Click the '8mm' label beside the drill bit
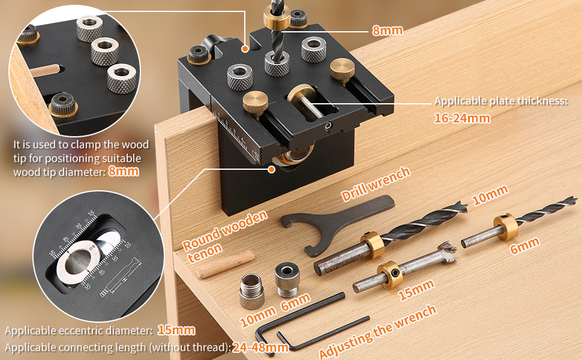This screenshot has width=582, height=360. [x=388, y=31]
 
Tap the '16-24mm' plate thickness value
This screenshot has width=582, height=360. [x=462, y=118]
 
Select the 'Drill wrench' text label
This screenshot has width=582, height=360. [x=376, y=184]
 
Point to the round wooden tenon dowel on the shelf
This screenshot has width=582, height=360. [x=226, y=263]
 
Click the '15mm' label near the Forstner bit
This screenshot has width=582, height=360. [x=416, y=289]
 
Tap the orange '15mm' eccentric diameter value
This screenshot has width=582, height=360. [x=176, y=330]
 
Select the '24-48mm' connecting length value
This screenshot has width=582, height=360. [x=260, y=347]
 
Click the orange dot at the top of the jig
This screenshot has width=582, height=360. [x=245, y=49]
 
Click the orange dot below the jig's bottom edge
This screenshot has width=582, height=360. [x=272, y=169]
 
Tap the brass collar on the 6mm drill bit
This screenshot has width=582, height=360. [x=506, y=227]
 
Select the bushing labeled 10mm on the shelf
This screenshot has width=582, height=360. [x=251, y=292]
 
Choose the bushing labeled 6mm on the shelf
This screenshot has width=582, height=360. [x=287, y=279]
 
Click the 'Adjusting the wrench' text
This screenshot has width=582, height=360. [x=377, y=331]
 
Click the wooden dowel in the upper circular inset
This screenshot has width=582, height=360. [x=46, y=71]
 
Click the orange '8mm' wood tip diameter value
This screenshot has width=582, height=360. [x=124, y=171]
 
